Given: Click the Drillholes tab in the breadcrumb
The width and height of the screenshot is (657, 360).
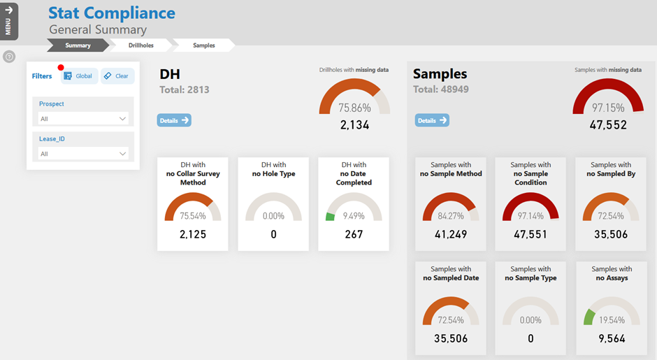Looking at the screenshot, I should click(x=140, y=45).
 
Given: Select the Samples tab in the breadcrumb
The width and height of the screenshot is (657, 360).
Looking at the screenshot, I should click(x=203, y=45).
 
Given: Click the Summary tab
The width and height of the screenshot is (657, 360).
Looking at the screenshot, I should click(x=78, y=45).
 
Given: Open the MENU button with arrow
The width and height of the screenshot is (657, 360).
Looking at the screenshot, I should click(x=8, y=21).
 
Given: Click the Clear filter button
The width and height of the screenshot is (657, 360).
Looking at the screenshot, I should click(x=117, y=76).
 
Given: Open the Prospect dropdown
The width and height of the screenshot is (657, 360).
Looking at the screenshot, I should click(x=82, y=119).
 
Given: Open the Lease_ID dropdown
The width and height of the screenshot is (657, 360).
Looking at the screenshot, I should click(x=82, y=154).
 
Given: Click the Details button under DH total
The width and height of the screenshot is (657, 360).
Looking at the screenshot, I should click(x=174, y=120).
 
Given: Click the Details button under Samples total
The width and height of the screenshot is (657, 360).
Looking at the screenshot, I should click(x=432, y=120).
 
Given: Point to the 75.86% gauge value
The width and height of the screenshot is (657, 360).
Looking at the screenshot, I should click(x=354, y=108).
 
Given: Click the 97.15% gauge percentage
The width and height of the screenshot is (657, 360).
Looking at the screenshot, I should click(x=608, y=108).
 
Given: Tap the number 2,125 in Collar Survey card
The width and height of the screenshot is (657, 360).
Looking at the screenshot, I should click(x=192, y=234).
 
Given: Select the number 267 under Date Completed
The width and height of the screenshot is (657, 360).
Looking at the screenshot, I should click(x=354, y=234).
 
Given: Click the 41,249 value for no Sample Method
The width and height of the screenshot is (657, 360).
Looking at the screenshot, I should click(x=450, y=234).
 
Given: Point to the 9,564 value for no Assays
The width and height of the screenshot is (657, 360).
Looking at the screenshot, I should click(x=611, y=338).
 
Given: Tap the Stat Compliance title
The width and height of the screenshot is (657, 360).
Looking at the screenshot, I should click(x=112, y=13).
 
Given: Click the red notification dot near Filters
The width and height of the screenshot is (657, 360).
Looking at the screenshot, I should click(x=61, y=68).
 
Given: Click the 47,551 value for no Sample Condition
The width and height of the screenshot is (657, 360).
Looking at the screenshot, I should click(x=530, y=234).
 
